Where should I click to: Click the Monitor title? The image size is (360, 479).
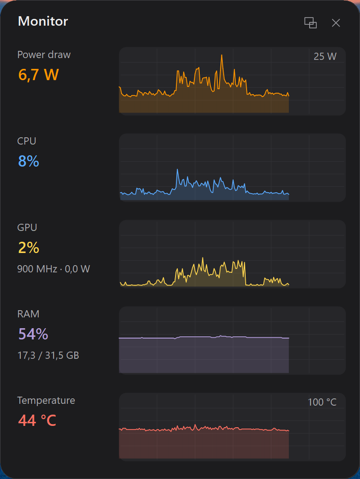click(x=43, y=22)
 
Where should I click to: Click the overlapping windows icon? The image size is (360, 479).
click(x=310, y=23)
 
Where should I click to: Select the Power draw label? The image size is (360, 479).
click(x=44, y=54)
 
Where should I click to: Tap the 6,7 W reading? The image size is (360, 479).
click(x=38, y=75)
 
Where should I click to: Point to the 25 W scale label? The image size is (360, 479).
click(x=325, y=57)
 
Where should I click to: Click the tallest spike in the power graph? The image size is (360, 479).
click(x=222, y=55)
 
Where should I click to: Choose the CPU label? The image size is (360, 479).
click(x=27, y=141)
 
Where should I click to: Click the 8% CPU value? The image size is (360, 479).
click(x=29, y=161)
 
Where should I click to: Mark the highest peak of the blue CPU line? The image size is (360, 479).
click(x=177, y=170)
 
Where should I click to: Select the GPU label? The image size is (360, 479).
click(x=27, y=228)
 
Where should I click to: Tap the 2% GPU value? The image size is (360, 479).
click(x=29, y=248)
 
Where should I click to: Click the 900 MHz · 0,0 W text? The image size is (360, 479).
click(x=54, y=269)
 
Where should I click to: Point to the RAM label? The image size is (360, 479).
click(x=28, y=314)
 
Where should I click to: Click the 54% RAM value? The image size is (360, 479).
click(x=33, y=334)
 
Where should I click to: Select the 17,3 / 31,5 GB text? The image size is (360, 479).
click(x=48, y=355)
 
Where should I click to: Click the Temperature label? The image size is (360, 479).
click(x=46, y=401)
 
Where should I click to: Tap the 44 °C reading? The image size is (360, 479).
click(x=37, y=420)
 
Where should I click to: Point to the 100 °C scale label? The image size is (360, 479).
click(x=322, y=402)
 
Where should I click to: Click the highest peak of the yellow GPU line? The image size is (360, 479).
click(x=202, y=258)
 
